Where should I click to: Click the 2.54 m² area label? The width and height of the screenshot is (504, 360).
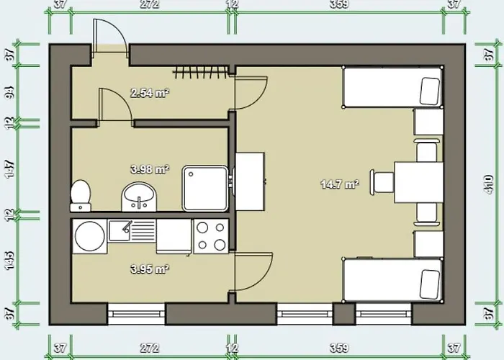tap(148, 93)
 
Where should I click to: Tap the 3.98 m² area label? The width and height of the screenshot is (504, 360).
tap(149, 170)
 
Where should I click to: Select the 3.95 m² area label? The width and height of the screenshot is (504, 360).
tap(149, 270)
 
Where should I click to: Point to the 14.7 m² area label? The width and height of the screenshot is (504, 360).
tap(339, 184)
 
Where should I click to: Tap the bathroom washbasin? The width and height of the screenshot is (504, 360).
tap(137, 195)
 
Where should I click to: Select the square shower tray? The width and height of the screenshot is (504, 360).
tap(204, 188)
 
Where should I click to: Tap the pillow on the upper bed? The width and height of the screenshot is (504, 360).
tap(431, 89)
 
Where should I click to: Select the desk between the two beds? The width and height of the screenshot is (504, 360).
tap(418, 181)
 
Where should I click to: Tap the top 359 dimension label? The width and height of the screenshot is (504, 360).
tap(339, 5)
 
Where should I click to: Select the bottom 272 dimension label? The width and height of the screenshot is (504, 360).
tap(149, 348)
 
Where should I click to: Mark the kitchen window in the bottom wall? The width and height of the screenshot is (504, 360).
tap(137, 313)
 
